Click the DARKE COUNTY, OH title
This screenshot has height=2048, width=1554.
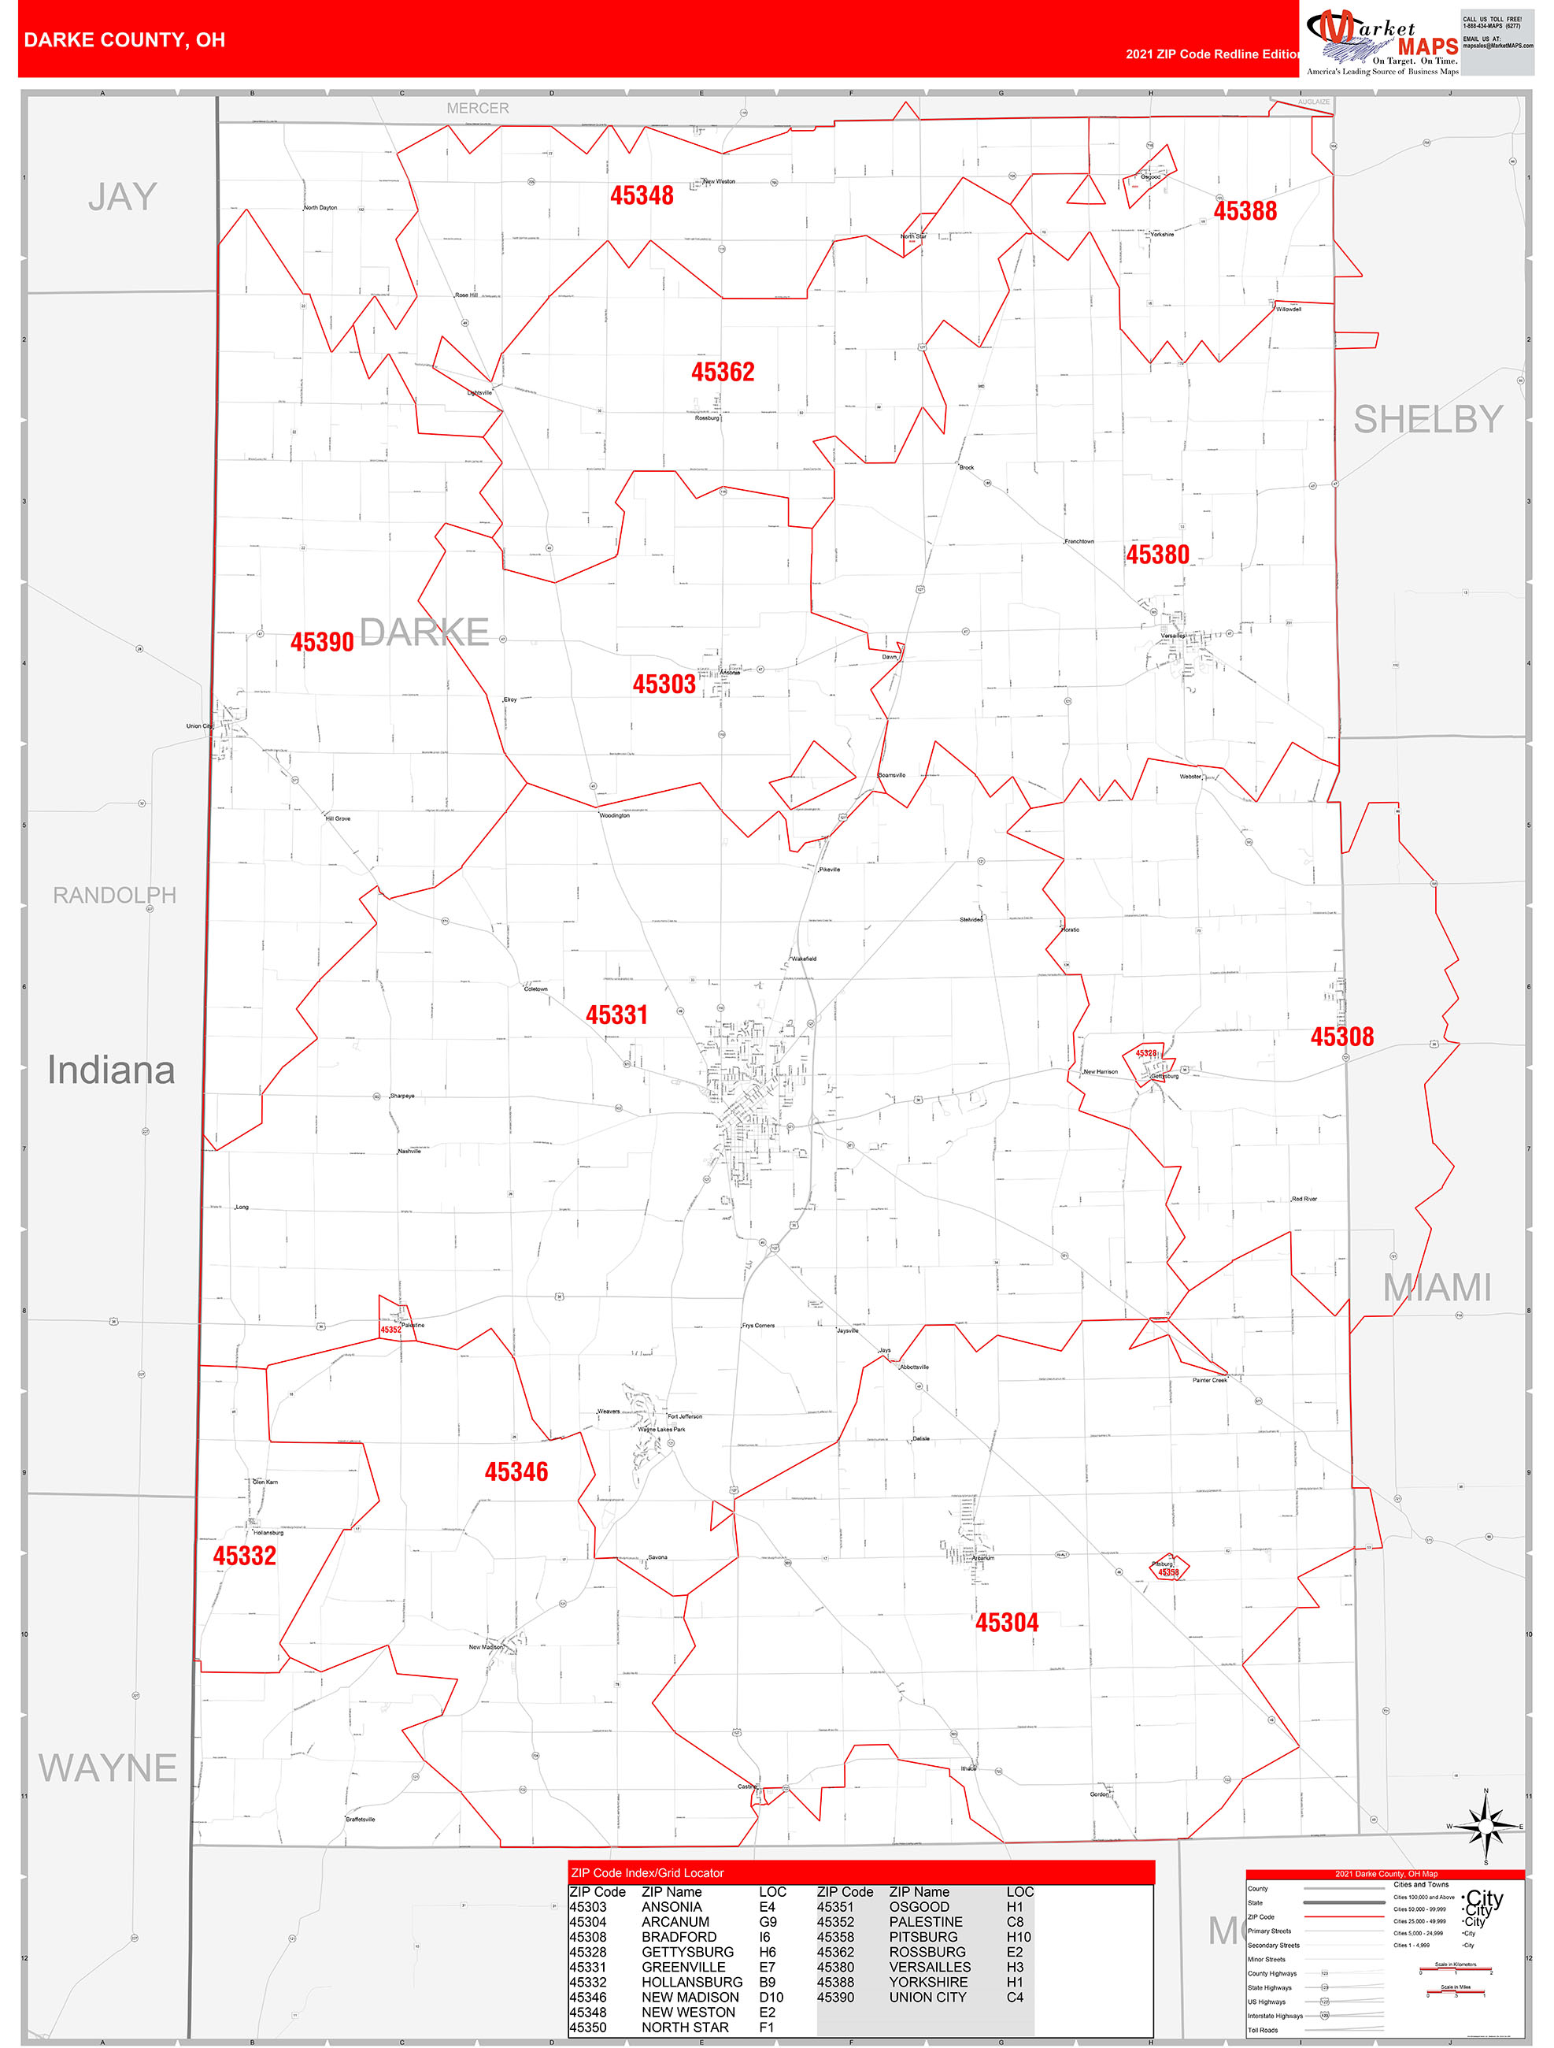[x=124, y=40]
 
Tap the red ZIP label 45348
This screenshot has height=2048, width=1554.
[x=642, y=195]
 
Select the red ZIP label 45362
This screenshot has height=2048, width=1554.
[x=723, y=373]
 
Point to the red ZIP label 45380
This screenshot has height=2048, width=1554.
[x=1157, y=555]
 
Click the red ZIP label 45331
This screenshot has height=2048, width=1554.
[x=616, y=1015]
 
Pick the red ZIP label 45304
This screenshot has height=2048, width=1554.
[x=1007, y=1622]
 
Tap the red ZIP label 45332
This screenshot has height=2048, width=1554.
[x=244, y=1556]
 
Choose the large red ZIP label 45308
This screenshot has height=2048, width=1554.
[x=1341, y=1037]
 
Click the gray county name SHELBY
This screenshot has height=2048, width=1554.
[x=1428, y=419]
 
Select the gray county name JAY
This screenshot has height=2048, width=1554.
[x=122, y=197]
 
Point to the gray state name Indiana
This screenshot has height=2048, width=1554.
[x=111, y=1070]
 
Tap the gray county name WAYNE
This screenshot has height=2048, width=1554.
[x=107, y=1768]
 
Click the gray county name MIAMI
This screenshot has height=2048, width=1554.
[x=1437, y=1288]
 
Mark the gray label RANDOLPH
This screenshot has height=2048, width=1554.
[x=114, y=896]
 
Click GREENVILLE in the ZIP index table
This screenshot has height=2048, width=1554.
[x=683, y=1967]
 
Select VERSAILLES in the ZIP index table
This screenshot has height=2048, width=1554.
[x=929, y=1967]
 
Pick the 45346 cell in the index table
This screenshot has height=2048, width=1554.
[x=588, y=1997]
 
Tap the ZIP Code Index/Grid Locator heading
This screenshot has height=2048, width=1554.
[x=647, y=1873]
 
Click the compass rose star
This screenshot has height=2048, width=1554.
[x=1486, y=1827]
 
